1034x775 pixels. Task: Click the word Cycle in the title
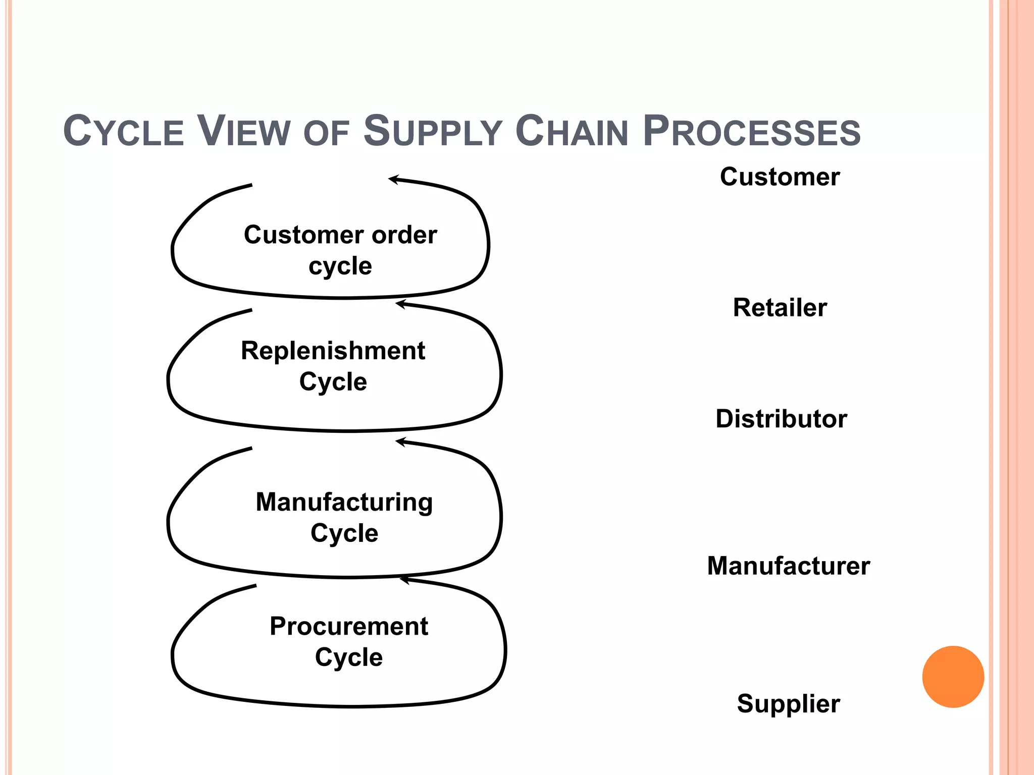pos(123,132)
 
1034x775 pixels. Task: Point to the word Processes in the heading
pos(752,132)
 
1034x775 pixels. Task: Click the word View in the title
pos(243,132)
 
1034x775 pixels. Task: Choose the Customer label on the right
pos(780,177)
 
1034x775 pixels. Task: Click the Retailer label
pos(780,308)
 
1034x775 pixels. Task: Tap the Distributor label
pos(781,419)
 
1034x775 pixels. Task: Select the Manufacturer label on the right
pos(788,566)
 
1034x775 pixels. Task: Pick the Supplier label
pos(788,703)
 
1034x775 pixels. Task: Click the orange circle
pos(953,677)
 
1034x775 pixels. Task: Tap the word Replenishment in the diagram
pos(333,351)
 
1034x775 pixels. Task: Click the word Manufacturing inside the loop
pos(344,503)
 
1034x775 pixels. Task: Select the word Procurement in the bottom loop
pos(348,627)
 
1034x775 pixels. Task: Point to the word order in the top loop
pos(404,235)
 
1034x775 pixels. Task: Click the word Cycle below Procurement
pos(348,657)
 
